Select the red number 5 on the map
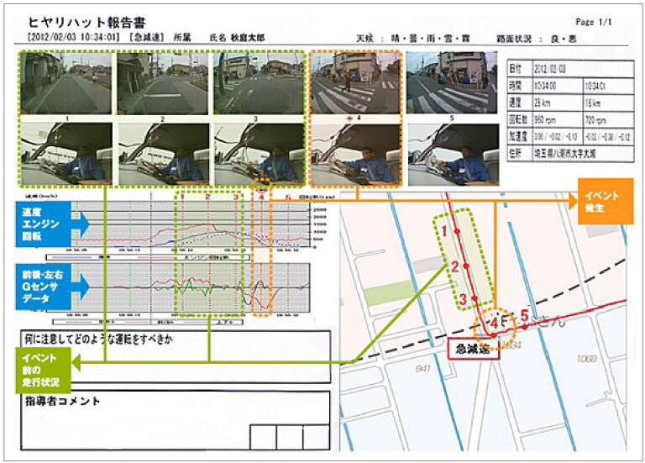click(x=524, y=316)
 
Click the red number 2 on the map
click(x=454, y=267)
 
